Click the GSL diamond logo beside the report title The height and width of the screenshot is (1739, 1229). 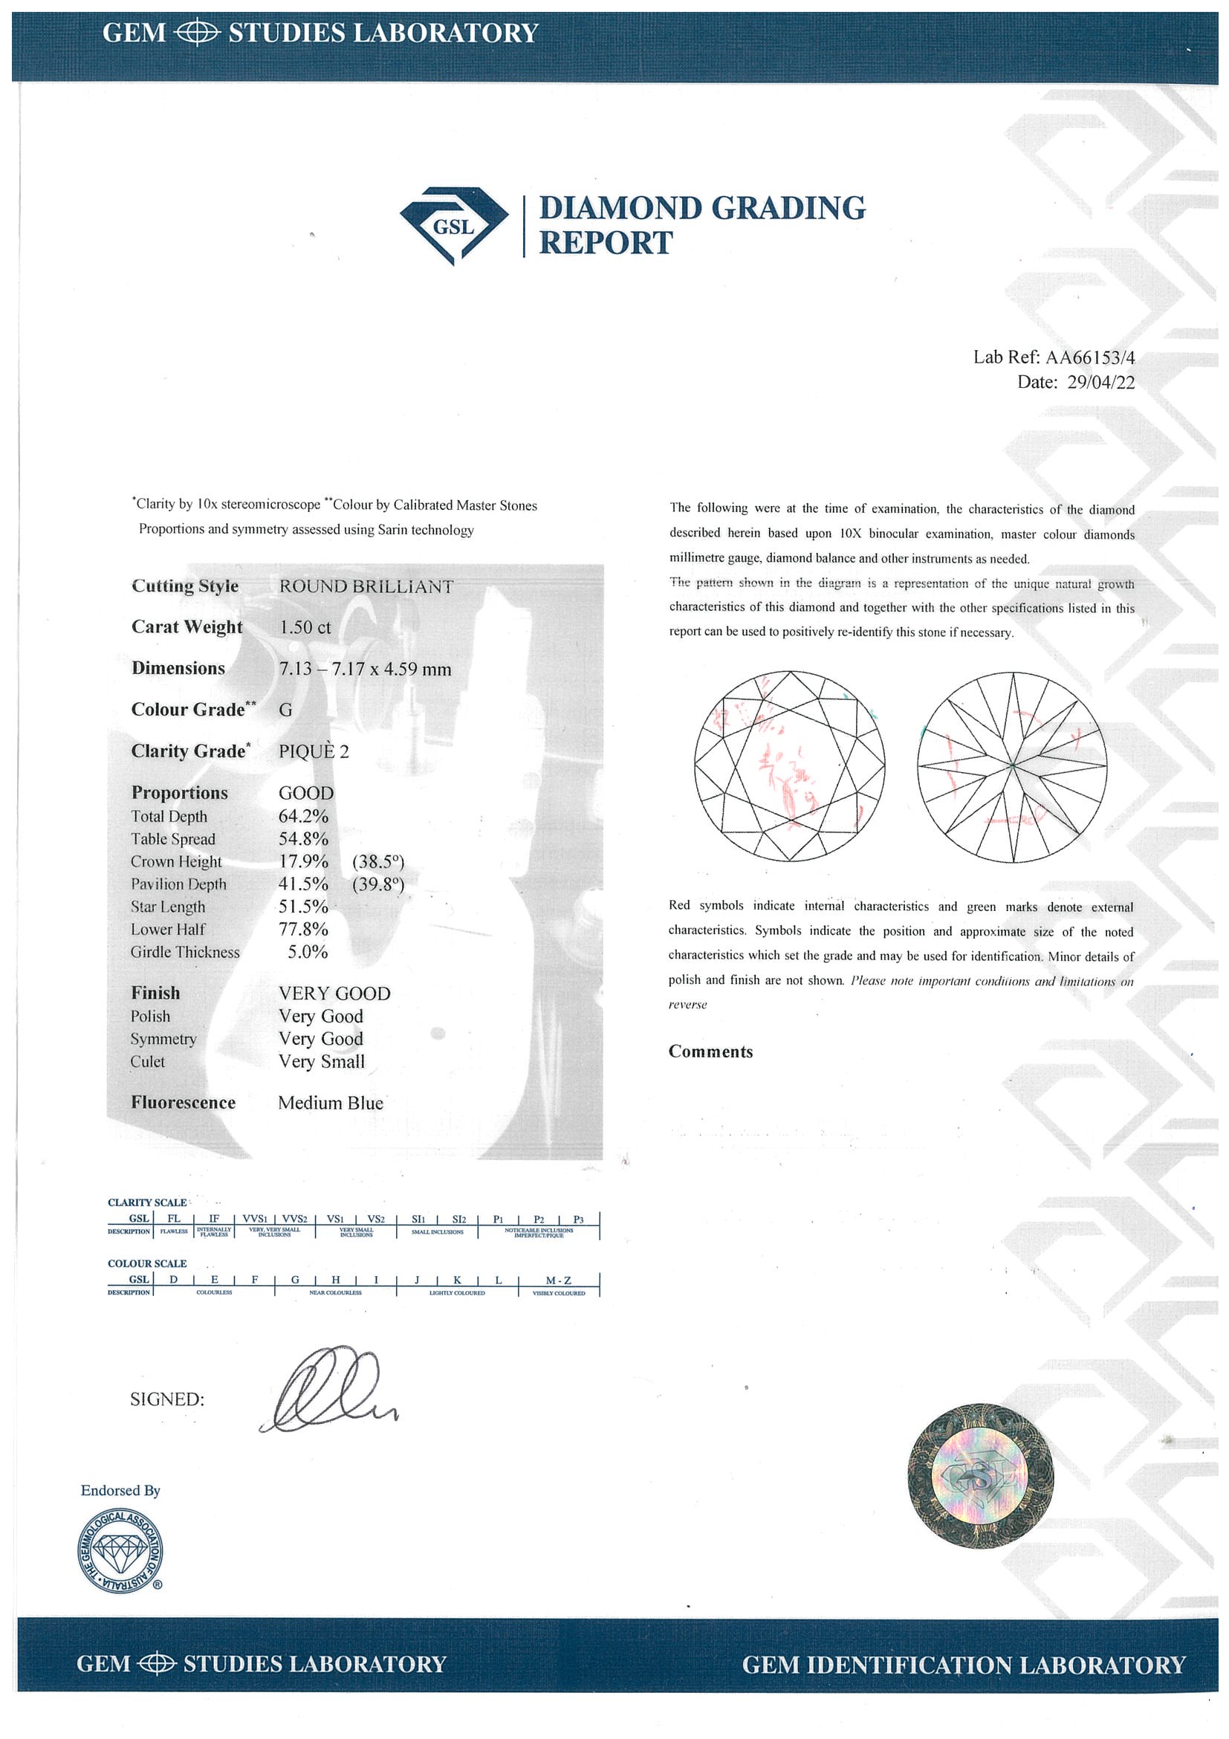(x=453, y=225)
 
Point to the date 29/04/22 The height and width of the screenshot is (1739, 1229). (x=1100, y=383)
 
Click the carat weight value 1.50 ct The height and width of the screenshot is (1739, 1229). (x=305, y=627)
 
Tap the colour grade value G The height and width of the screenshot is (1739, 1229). (x=285, y=710)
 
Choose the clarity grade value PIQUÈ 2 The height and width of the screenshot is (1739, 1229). (x=314, y=751)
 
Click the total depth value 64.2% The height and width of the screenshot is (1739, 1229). (x=303, y=816)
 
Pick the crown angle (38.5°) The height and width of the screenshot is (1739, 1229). (x=378, y=861)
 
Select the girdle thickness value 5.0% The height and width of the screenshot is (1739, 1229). (x=308, y=952)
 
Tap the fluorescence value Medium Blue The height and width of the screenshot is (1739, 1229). (x=330, y=1103)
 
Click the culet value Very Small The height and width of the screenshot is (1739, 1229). (x=321, y=1061)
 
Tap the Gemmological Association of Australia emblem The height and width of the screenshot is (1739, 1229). (x=120, y=1550)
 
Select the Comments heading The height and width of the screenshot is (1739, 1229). (x=710, y=1052)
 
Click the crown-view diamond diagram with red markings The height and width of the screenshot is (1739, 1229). (x=789, y=765)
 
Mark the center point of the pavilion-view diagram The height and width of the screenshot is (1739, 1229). (x=1013, y=766)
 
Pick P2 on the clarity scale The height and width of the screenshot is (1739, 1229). (x=539, y=1220)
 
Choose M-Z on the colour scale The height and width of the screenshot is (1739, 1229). (x=559, y=1280)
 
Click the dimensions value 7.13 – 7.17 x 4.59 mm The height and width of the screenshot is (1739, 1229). (x=365, y=669)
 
